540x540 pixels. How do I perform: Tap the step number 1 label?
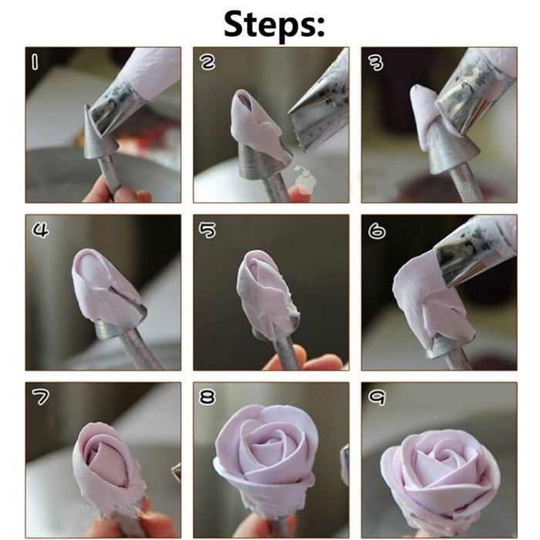pos(34,63)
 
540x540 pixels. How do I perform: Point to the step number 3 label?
pos(376,62)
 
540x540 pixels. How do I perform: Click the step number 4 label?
pos(39,229)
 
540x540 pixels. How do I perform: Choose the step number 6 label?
pos(376,229)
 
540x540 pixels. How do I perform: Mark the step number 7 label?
pos(39,397)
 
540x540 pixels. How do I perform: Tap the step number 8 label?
pos(208,397)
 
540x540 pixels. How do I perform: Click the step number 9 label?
pos(376,397)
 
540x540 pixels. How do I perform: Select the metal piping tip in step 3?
pos(471,97)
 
